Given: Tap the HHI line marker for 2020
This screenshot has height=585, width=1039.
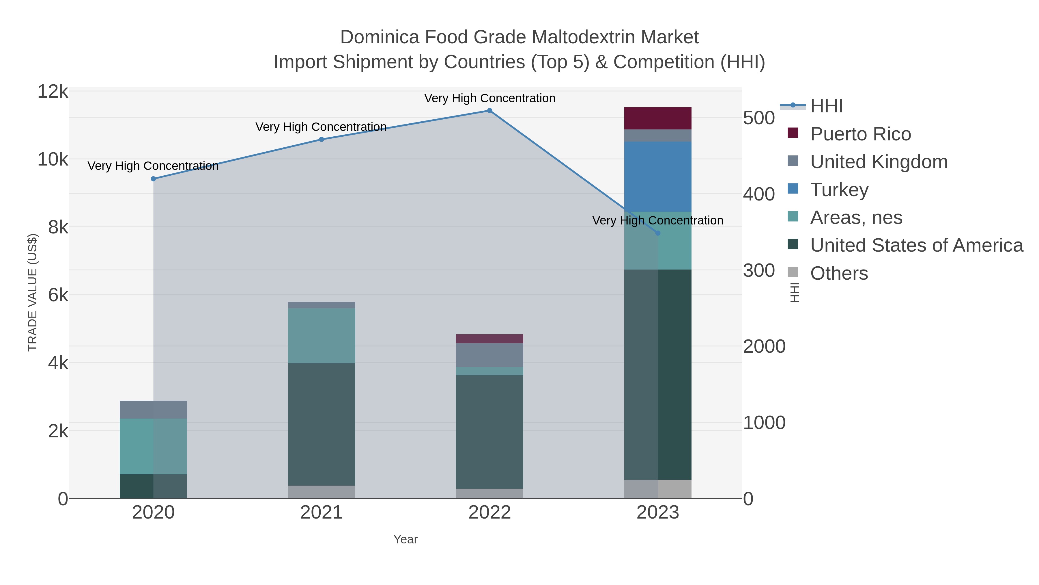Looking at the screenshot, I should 153,179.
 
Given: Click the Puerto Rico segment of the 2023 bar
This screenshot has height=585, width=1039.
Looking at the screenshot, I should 658,118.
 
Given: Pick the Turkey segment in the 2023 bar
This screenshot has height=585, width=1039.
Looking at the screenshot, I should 658,177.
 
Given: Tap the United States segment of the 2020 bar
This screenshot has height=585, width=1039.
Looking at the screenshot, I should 153,486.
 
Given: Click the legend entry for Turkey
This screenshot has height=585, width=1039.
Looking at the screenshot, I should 839,190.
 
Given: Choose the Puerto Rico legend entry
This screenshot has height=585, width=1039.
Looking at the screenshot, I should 860,134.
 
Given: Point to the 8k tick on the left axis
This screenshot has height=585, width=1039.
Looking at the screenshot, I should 58,228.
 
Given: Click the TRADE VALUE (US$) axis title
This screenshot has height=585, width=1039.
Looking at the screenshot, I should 32,292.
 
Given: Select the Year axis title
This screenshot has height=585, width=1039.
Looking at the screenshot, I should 405,539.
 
